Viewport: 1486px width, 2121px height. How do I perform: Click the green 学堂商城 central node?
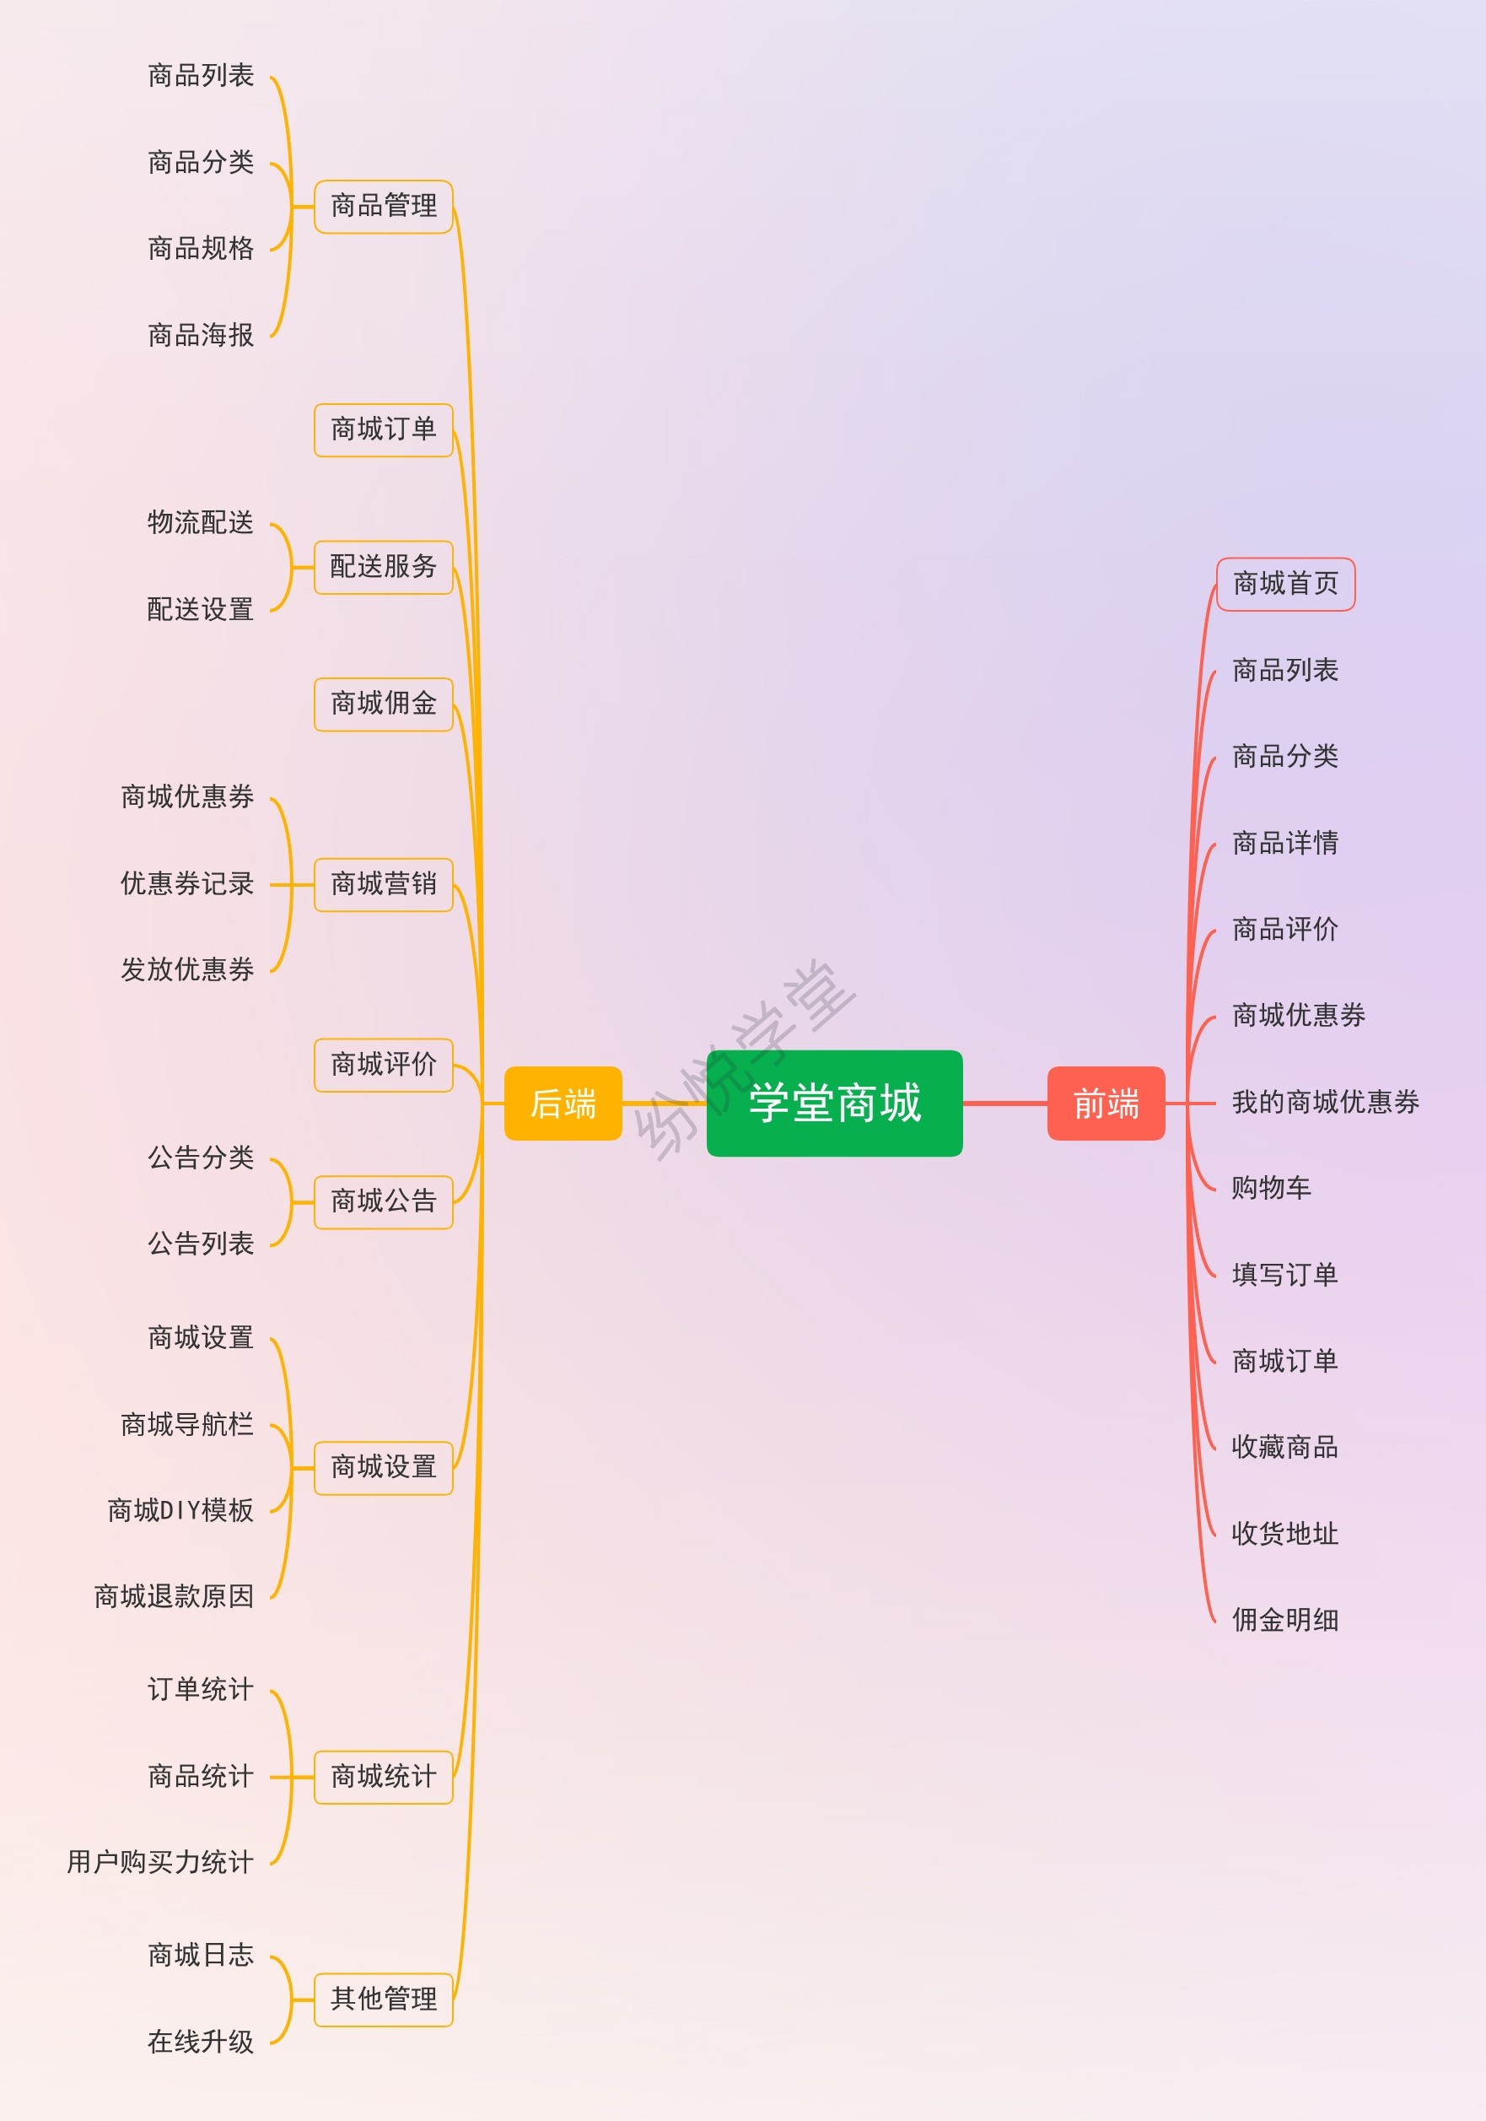[x=834, y=1102]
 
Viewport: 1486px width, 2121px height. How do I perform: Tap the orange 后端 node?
[x=563, y=1103]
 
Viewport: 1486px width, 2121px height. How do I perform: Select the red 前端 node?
[x=1106, y=1103]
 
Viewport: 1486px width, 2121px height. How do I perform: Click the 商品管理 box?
[x=383, y=206]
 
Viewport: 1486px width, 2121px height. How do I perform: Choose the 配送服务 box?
[x=383, y=566]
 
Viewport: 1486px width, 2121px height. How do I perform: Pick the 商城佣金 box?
[x=383, y=704]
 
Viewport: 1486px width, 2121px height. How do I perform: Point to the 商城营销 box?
[x=383, y=884]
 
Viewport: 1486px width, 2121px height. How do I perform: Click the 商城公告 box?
[x=383, y=1201]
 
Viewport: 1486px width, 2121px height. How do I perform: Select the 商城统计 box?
[x=383, y=1777]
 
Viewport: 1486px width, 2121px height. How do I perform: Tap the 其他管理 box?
[x=383, y=1999]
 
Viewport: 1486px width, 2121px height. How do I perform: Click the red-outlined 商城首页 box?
[x=1284, y=584]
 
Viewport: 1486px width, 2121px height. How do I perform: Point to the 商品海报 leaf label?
[x=201, y=334]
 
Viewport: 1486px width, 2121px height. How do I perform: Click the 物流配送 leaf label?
[x=201, y=523]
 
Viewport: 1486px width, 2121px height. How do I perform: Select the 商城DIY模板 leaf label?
[x=181, y=1510]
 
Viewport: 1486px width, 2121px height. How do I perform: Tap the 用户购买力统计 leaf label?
[x=159, y=1862]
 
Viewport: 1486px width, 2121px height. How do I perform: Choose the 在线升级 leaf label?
[x=201, y=2042]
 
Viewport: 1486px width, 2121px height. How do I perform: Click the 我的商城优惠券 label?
[x=1325, y=1102]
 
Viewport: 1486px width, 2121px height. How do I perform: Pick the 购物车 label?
[x=1271, y=1188]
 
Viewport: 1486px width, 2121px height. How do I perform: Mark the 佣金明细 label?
[x=1284, y=1619]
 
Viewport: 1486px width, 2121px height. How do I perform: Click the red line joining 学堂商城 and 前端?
[x=1004, y=1103]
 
